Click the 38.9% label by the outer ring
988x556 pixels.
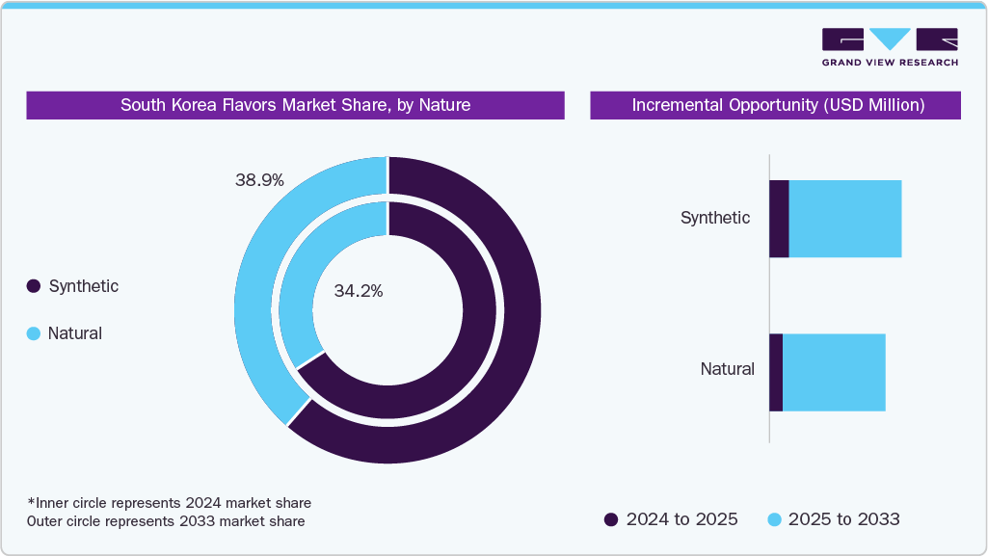tap(258, 180)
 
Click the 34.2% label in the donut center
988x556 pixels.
tap(359, 291)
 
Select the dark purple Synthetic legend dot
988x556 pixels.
tap(34, 286)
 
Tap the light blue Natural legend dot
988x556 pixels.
tap(34, 333)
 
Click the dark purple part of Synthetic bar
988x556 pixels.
tap(779, 219)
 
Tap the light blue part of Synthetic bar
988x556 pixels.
tap(845, 219)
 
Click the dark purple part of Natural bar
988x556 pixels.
tap(776, 372)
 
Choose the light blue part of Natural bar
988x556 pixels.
tap(834, 372)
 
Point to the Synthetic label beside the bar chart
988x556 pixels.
tap(714, 218)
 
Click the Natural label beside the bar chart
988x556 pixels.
tap(727, 369)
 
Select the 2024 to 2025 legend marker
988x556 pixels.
tap(611, 519)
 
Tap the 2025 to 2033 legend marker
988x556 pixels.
tap(773, 519)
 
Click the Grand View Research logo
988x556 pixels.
tap(890, 46)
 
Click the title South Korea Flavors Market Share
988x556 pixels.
tap(295, 105)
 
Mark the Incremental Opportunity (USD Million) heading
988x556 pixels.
tap(776, 105)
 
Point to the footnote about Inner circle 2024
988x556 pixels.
tap(169, 503)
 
